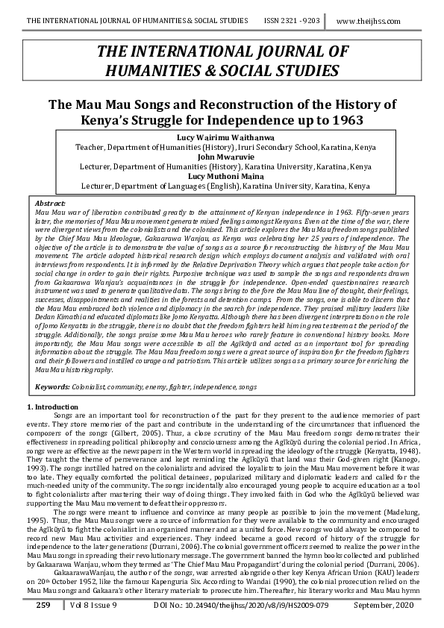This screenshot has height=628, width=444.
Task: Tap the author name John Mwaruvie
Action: [x=222, y=157]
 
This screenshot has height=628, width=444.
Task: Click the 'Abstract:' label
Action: [x=50, y=204]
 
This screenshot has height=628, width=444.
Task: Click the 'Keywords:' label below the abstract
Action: [x=53, y=387]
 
